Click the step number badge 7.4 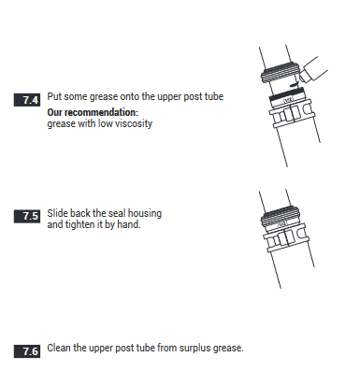27,100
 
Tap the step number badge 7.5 27,216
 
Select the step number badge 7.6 27,351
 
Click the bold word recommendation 101,112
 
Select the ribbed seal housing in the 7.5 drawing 280,217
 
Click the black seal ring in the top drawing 286,94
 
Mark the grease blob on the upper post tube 294,84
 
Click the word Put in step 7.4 54,96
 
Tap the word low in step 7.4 106,123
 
